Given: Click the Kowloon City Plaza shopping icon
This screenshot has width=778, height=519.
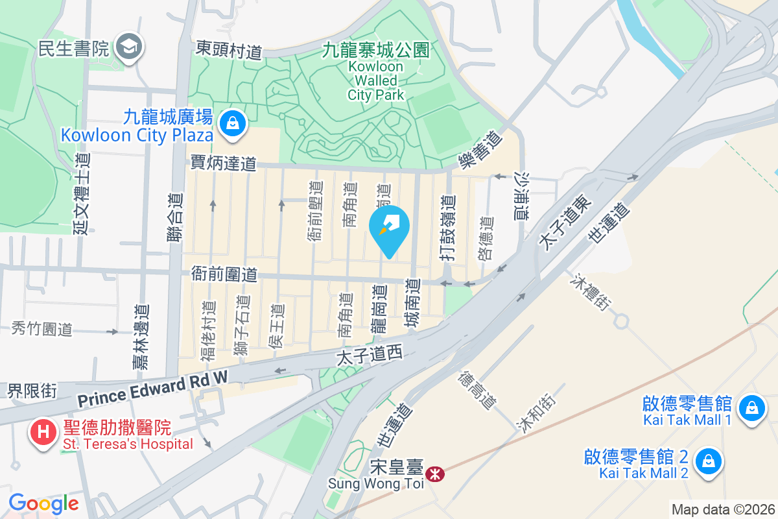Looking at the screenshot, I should [x=231, y=123].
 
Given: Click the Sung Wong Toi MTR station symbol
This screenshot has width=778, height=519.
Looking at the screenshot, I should [x=434, y=475].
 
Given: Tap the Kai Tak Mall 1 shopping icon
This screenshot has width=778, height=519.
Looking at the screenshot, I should [x=751, y=409].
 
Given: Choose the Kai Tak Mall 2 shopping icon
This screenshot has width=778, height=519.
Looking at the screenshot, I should [x=708, y=462].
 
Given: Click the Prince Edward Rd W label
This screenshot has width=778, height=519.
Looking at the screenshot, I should [x=153, y=388].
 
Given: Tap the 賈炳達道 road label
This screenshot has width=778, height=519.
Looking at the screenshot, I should [x=224, y=163].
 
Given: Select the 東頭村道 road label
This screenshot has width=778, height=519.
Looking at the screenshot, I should [x=229, y=50].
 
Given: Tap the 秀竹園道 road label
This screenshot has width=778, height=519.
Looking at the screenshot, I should [x=41, y=329].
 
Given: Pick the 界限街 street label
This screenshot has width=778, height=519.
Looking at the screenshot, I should [x=32, y=391].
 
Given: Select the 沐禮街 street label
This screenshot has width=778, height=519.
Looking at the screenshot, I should [x=591, y=292].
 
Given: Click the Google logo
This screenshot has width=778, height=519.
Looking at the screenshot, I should [x=43, y=503].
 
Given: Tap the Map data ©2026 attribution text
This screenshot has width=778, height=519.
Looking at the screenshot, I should [x=723, y=509].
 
